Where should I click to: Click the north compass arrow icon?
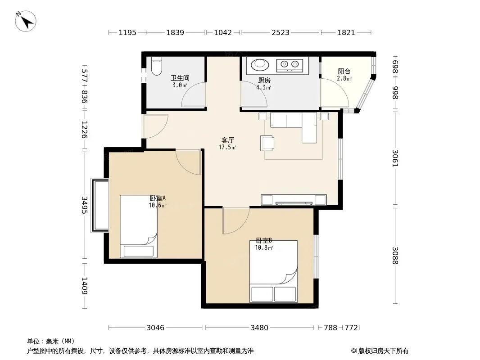click(x=26, y=21)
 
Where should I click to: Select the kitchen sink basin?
click(x=260, y=64)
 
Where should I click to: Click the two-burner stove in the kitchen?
click(x=290, y=65)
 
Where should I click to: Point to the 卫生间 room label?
click(x=180, y=78)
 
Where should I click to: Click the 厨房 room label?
click(x=264, y=81)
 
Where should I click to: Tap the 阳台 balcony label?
click(x=344, y=71)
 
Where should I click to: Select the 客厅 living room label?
click(x=227, y=140)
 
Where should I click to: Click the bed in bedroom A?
click(x=139, y=226)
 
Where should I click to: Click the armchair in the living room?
click(x=267, y=143)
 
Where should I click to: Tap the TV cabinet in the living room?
click(x=294, y=200)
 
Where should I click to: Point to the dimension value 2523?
click(x=281, y=32)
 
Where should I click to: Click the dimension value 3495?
click(x=85, y=205)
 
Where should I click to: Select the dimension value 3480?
click(x=259, y=328)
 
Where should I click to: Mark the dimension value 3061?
click(x=395, y=158)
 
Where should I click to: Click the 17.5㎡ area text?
click(x=227, y=148)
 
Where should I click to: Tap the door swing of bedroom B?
click(x=235, y=220)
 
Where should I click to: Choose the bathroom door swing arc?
click(x=193, y=95)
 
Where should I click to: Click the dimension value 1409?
click(x=85, y=286)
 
